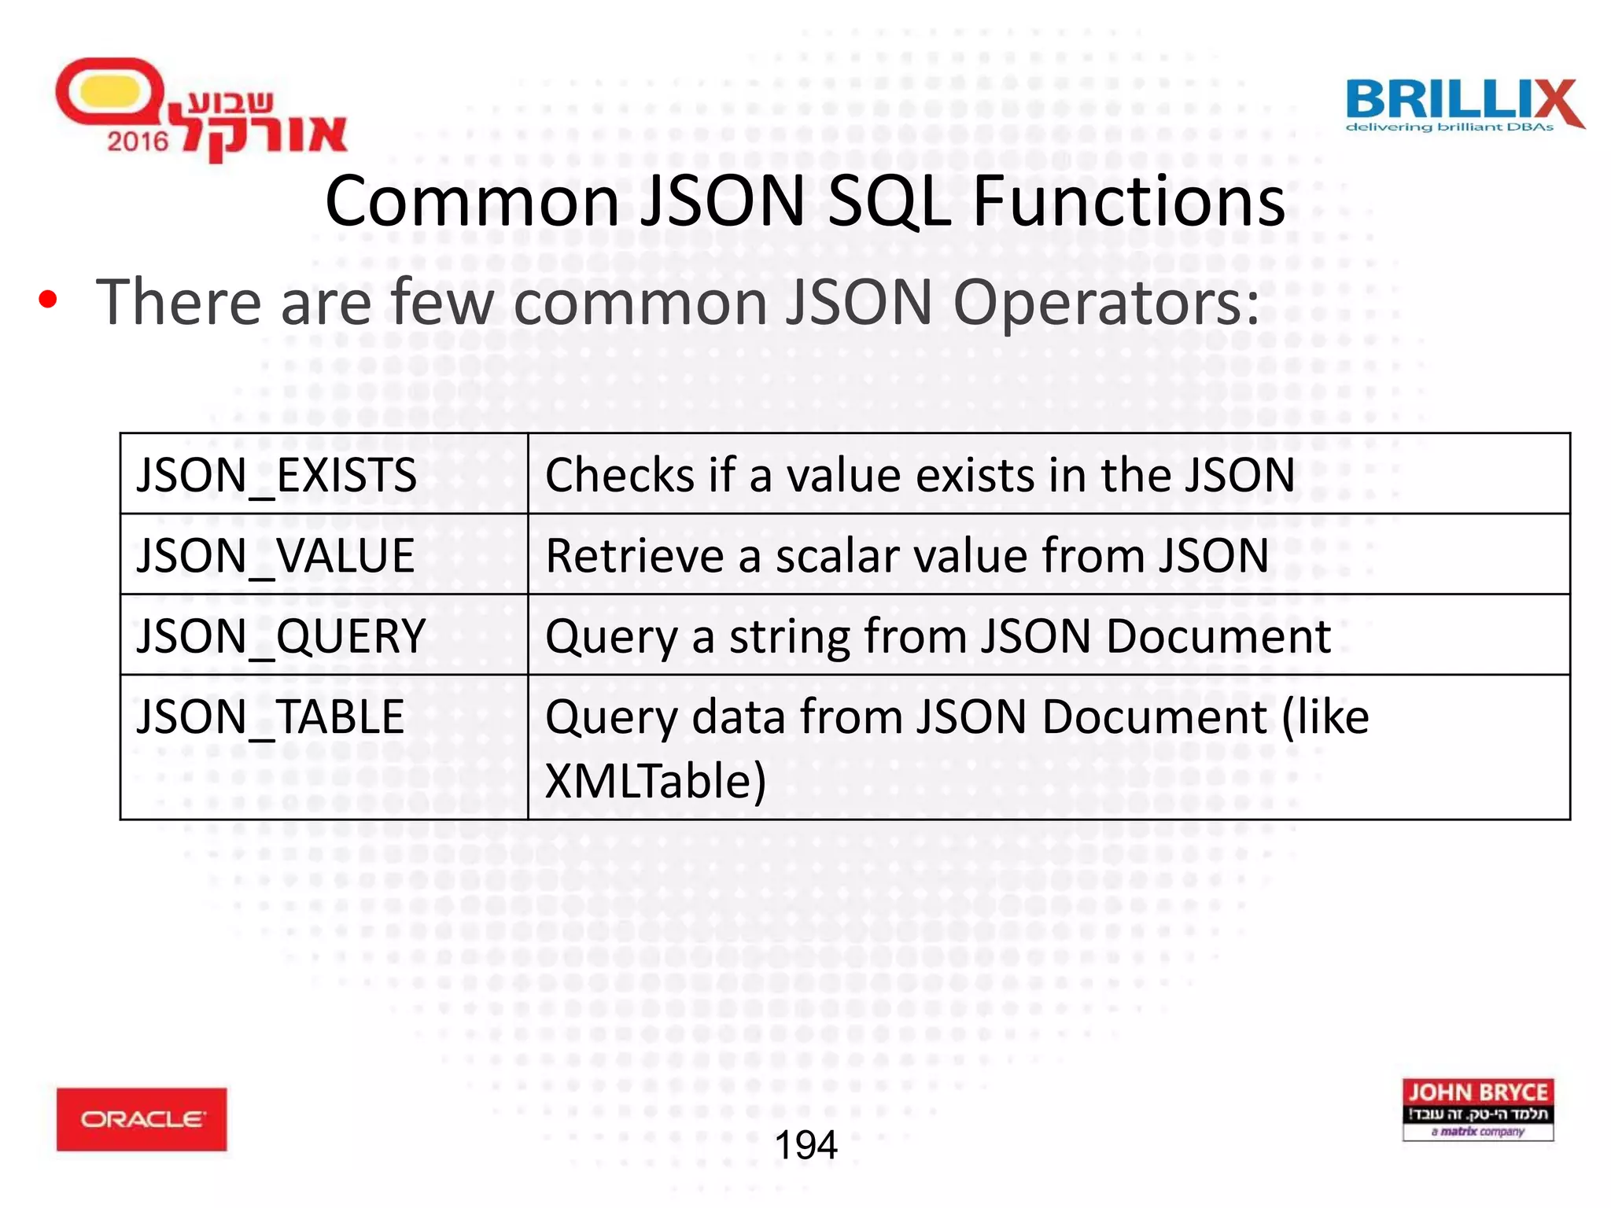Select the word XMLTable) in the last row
(x=655, y=782)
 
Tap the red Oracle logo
(x=142, y=1119)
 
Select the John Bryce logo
(x=1478, y=1110)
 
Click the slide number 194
(x=806, y=1145)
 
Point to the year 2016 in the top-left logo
(x=138, y=142)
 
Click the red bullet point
(x=48, y=300)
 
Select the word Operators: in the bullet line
(x=1106, y=303)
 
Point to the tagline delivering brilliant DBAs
(x=1449, y=127)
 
